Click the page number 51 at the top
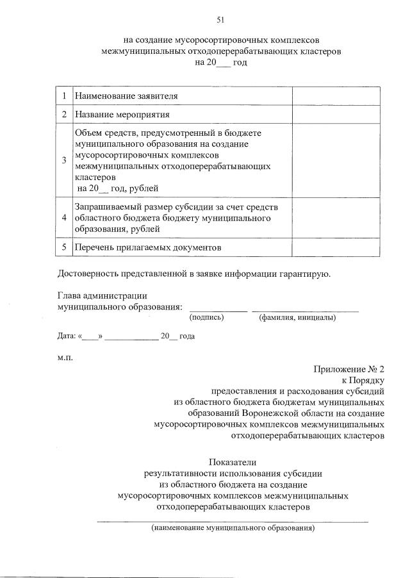pos(221,20)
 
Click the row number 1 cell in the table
pos(64,96)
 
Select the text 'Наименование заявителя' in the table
pos(126,96)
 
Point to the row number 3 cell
pos(64,160)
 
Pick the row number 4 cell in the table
pos(64,218)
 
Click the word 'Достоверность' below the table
pos(87,274)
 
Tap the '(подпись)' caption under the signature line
pos(206,317)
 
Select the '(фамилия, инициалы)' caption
pos(297,317)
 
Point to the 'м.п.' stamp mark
pos(65,357)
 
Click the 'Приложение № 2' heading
pos(348,369)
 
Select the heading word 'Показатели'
pos(233,462)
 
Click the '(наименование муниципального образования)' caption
pos(233,529)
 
